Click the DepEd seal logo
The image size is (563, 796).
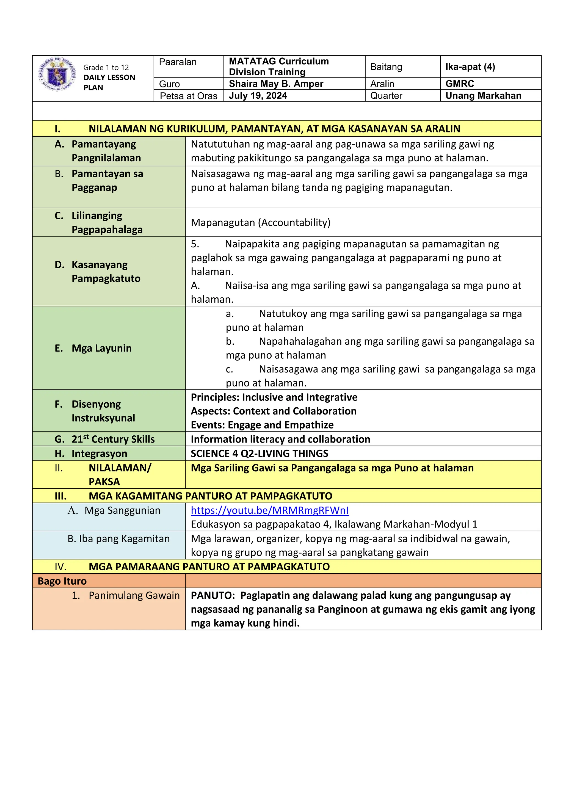(57, 74)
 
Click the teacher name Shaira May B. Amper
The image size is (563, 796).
(276, 84)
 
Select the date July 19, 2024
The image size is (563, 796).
(258, 96)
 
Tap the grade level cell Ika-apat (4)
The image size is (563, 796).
(470, 67)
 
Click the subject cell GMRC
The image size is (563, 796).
(460, 84)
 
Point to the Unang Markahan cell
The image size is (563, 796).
(483, 96)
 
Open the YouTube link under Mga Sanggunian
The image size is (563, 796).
(269, 510)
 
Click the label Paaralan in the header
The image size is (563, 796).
(178, 62)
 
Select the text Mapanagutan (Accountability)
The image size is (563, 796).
(260, 223)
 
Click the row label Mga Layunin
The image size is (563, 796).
(101, 348)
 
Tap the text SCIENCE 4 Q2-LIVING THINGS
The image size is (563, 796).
(259, 454)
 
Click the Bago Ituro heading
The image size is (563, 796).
(62, 581)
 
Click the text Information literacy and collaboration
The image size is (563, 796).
(280, 439)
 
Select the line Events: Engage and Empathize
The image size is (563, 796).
(262, 425)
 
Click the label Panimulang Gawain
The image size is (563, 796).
(134, 596)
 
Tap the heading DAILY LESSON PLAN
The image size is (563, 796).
(109, 82)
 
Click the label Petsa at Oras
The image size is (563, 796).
(188, 96)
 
